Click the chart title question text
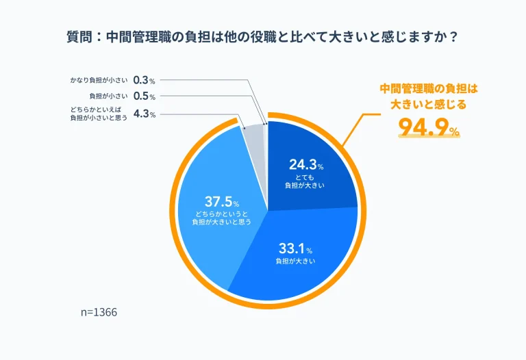pyautogui.click(x=262, y=38)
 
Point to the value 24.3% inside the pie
pyautogui.click(x=306, y=166)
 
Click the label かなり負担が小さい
pyautogui.click(x=99, y=80)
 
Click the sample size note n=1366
pyautogui.click(x=99, y=312)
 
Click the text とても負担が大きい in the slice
pyautogui.click(x=305, y=181)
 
